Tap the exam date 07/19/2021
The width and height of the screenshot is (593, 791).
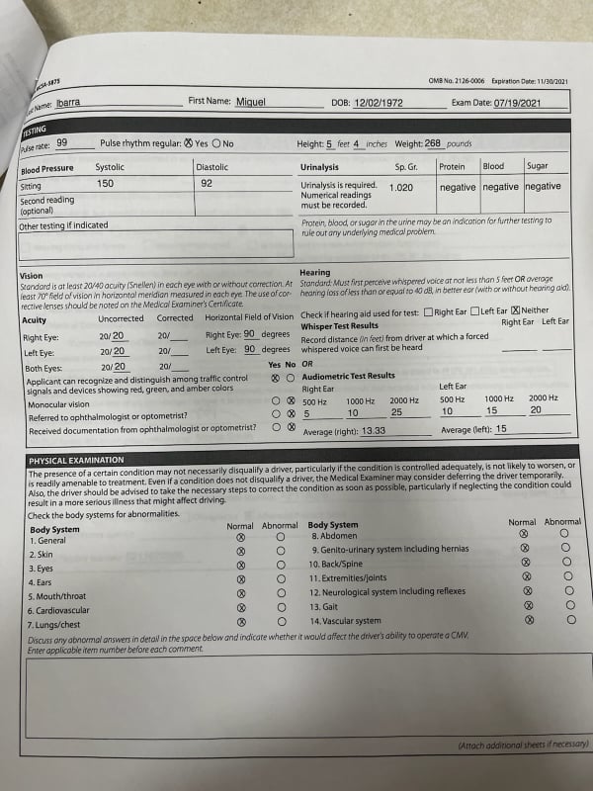point(522,102)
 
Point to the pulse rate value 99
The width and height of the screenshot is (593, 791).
point(61,142)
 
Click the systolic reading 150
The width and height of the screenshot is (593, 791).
point(105,183)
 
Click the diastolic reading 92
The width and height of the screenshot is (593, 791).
point(207,183)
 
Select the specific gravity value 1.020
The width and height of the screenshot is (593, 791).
point(401,187)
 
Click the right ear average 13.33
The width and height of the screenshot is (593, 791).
point(374,431)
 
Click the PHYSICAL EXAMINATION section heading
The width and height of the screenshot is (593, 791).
point(76,460)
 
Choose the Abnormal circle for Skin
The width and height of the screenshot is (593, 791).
point(281,555)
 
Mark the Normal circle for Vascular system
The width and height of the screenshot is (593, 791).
point(529,619)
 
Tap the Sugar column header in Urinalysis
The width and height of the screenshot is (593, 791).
point(537,166)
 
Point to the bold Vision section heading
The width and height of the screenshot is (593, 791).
point(31,276)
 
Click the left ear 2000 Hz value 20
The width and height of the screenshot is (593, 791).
point(535,410)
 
